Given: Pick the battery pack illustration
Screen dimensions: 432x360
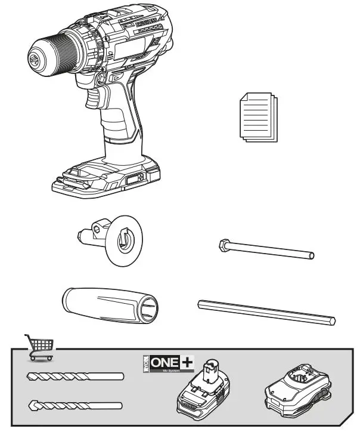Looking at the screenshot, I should [x=203, y=391].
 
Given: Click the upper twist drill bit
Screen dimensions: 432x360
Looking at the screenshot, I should [x=75, y=377].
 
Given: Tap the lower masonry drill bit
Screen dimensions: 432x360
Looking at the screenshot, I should [x=75, y=405].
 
